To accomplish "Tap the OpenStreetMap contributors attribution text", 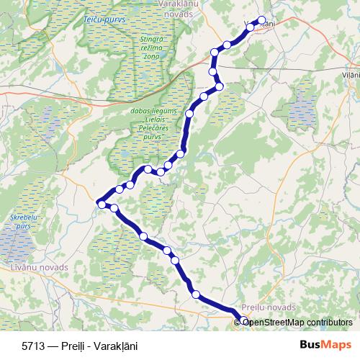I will click(x=298, y=322).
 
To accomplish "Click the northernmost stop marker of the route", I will click(x=261, y=21).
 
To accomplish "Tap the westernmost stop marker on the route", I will click(x=102, y=205).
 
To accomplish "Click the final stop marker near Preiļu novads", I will click(x=244, y=321).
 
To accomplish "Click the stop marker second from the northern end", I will click(x=251, y=27).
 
